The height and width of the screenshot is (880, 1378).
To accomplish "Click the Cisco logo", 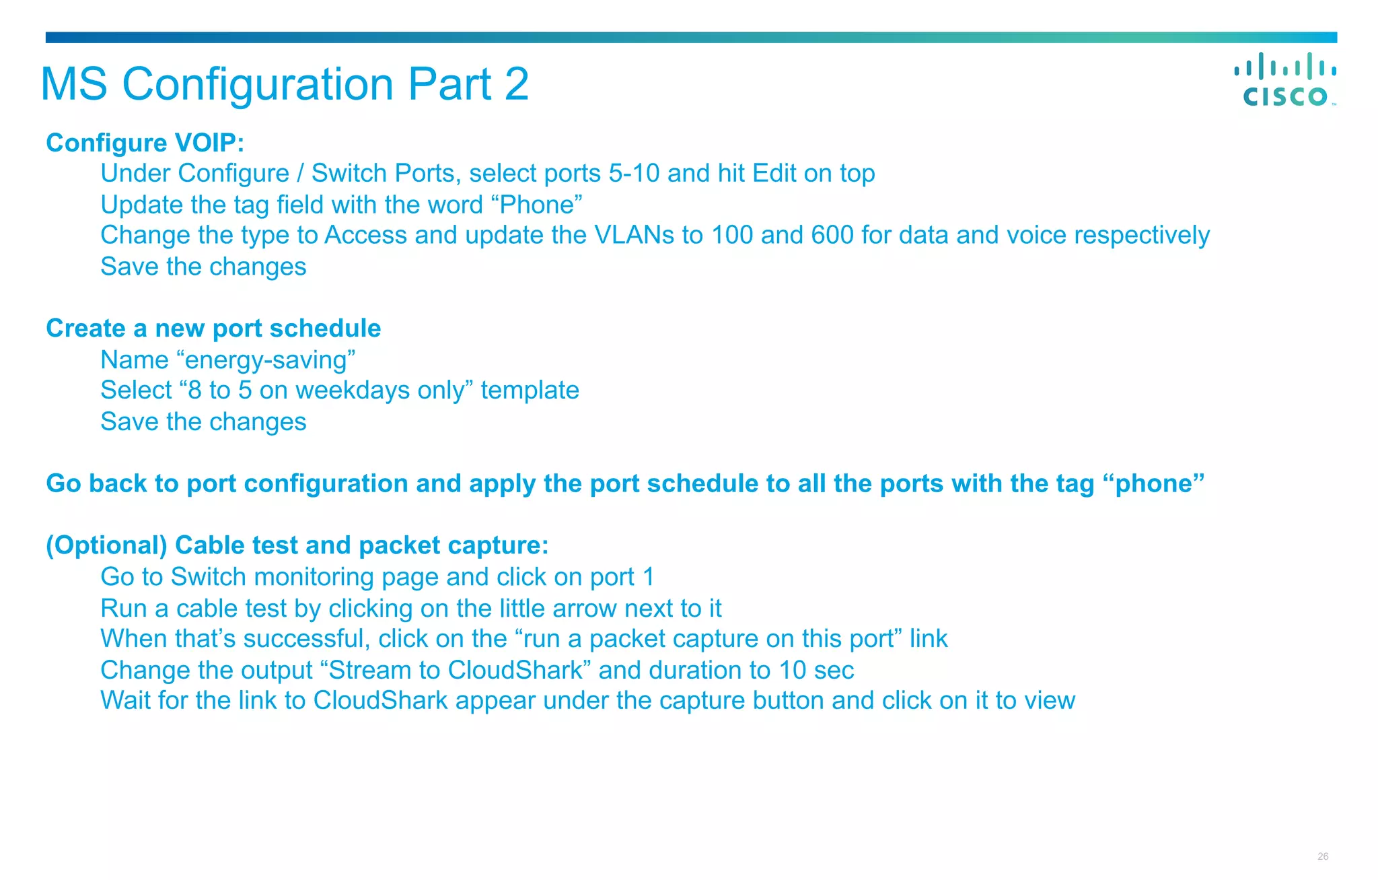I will pyautogui.click(x=1284, y=79).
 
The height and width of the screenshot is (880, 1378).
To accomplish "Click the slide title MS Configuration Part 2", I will pyautogui.click(x=285, y=84).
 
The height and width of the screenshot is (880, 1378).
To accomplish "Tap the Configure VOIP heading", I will pyautogui.click(x=145, y=143).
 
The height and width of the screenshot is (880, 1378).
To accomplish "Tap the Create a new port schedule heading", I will pyautogui.click(x=213, y=329).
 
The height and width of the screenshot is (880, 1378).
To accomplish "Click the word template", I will pyautogui.click(x=530, y=391).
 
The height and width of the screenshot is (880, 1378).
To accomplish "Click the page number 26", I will pyautogui.click(x=1323, y=856).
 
